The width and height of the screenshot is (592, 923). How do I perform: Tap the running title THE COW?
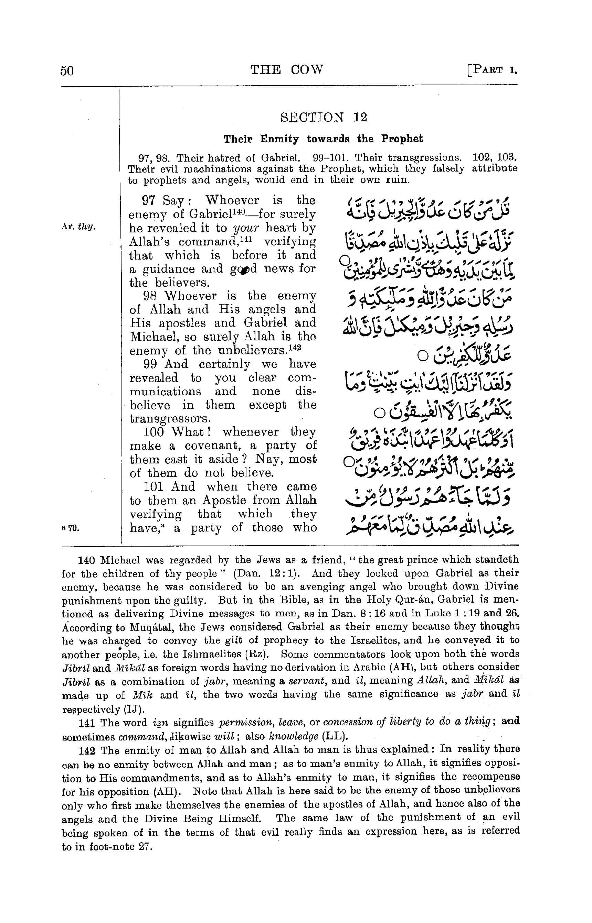tap(287, 69)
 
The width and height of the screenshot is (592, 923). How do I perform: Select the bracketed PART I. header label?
tap(492, 70)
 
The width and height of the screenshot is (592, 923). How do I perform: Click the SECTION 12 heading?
tap(324, 117)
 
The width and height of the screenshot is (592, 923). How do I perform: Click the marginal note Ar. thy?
tap(78, 227)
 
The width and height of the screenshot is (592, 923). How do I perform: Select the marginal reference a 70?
tap(70, 528)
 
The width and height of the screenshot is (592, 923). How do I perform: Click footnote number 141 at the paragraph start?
tap(86, 723)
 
